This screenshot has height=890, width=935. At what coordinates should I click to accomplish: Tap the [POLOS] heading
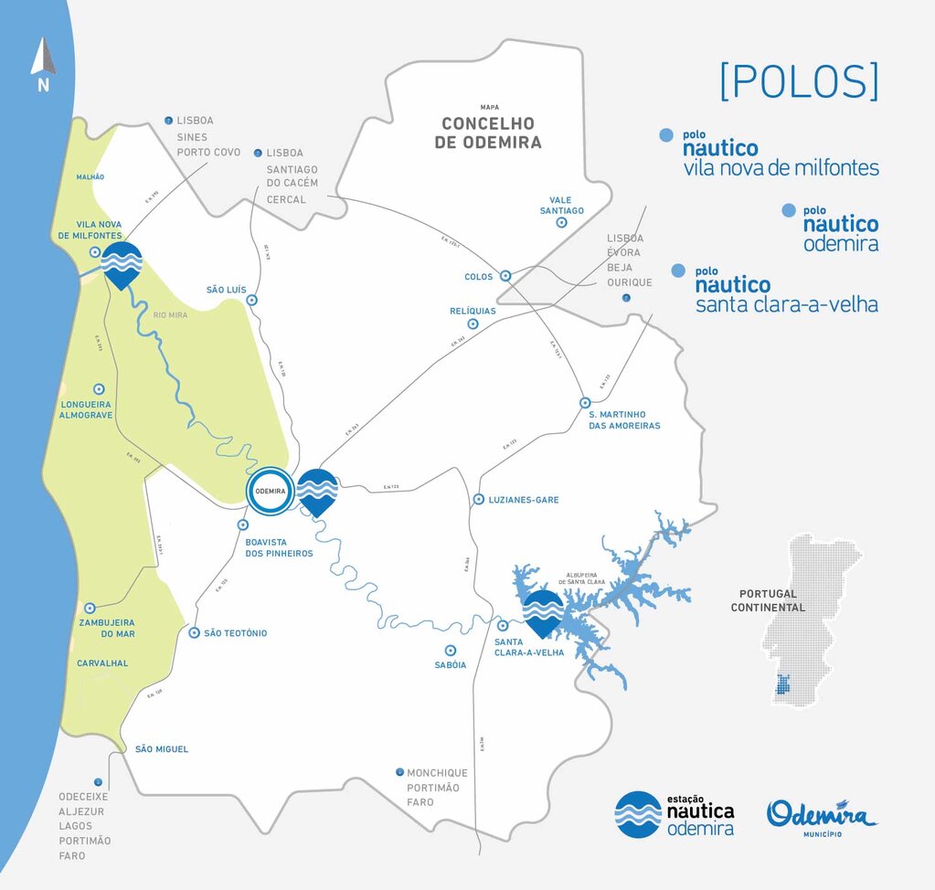tap(799, 82)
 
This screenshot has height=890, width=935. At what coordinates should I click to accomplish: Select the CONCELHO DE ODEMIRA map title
tap(488, 132)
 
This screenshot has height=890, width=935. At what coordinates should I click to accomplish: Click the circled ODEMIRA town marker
tap(271, 491)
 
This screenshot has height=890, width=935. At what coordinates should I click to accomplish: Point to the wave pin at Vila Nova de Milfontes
tap(122, 263)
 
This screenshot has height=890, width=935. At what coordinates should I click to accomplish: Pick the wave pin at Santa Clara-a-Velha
tap(543, 611)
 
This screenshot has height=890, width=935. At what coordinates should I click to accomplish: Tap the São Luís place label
tap(227, 290)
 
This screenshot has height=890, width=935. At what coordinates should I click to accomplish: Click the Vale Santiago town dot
tap(562, 222)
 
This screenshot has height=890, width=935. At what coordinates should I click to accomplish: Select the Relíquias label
tap(473, 311)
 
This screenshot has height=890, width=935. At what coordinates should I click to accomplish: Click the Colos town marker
tap(505, 276)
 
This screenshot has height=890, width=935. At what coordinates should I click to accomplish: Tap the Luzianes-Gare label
tap(525, 500)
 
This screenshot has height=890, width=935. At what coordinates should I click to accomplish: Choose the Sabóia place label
tap(451, 665)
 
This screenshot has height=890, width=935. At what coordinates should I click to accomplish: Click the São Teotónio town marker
tap(194, 633)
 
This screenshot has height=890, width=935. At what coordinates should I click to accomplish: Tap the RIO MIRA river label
tap(171, 315)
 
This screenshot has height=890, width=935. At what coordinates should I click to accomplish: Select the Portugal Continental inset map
tap(804, 621)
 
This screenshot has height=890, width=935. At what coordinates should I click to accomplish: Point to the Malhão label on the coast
tap(90, 176)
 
